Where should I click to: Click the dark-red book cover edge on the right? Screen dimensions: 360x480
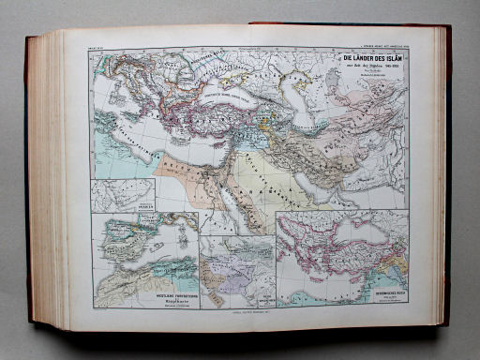pyautogui.click(x=448, y=178)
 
